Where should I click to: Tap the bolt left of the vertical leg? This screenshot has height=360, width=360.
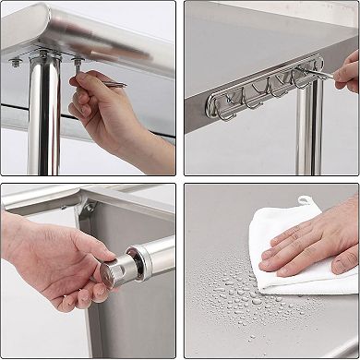17,63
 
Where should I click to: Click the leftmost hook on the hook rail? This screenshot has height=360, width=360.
223,102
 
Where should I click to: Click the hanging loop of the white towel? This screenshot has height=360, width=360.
306,200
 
